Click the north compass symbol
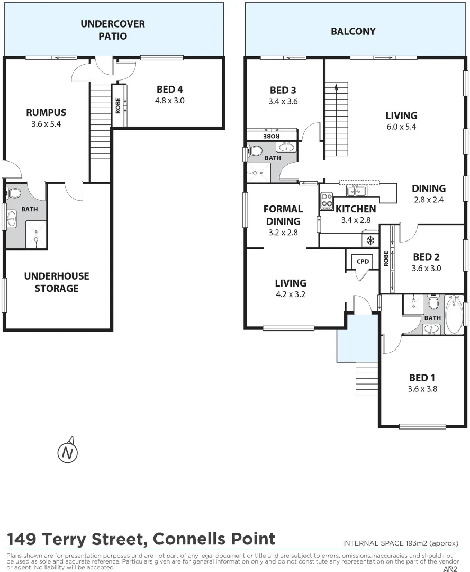pos(67,452)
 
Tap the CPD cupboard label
pos(363,261)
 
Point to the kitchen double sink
pos(356,191)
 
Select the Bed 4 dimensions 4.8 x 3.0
pos(169,100)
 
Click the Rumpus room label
pos(46,112)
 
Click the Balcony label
pos(353,31)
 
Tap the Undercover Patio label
pos(112,30)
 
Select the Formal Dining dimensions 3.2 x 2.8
pos(283,232)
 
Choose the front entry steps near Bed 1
pos(366,379)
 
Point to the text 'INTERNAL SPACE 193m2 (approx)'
pos(400,543)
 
